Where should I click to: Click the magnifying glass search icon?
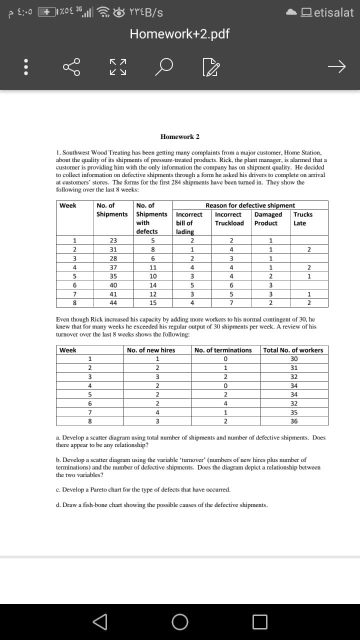[x=164, y=67]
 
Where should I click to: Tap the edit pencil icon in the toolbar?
[x=206, y=67]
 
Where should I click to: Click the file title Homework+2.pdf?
[x=179, y=34]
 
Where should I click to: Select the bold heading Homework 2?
[x=180, y=136]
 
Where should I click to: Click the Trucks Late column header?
[x=303, y=218]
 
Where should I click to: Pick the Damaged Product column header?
[x=268, y=218]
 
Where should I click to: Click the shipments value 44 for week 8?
[x=113, y=302]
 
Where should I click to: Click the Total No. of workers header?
[x=293, y=350]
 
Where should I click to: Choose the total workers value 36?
[x=293, y=421]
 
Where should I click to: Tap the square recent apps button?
[x=259, y=622]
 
